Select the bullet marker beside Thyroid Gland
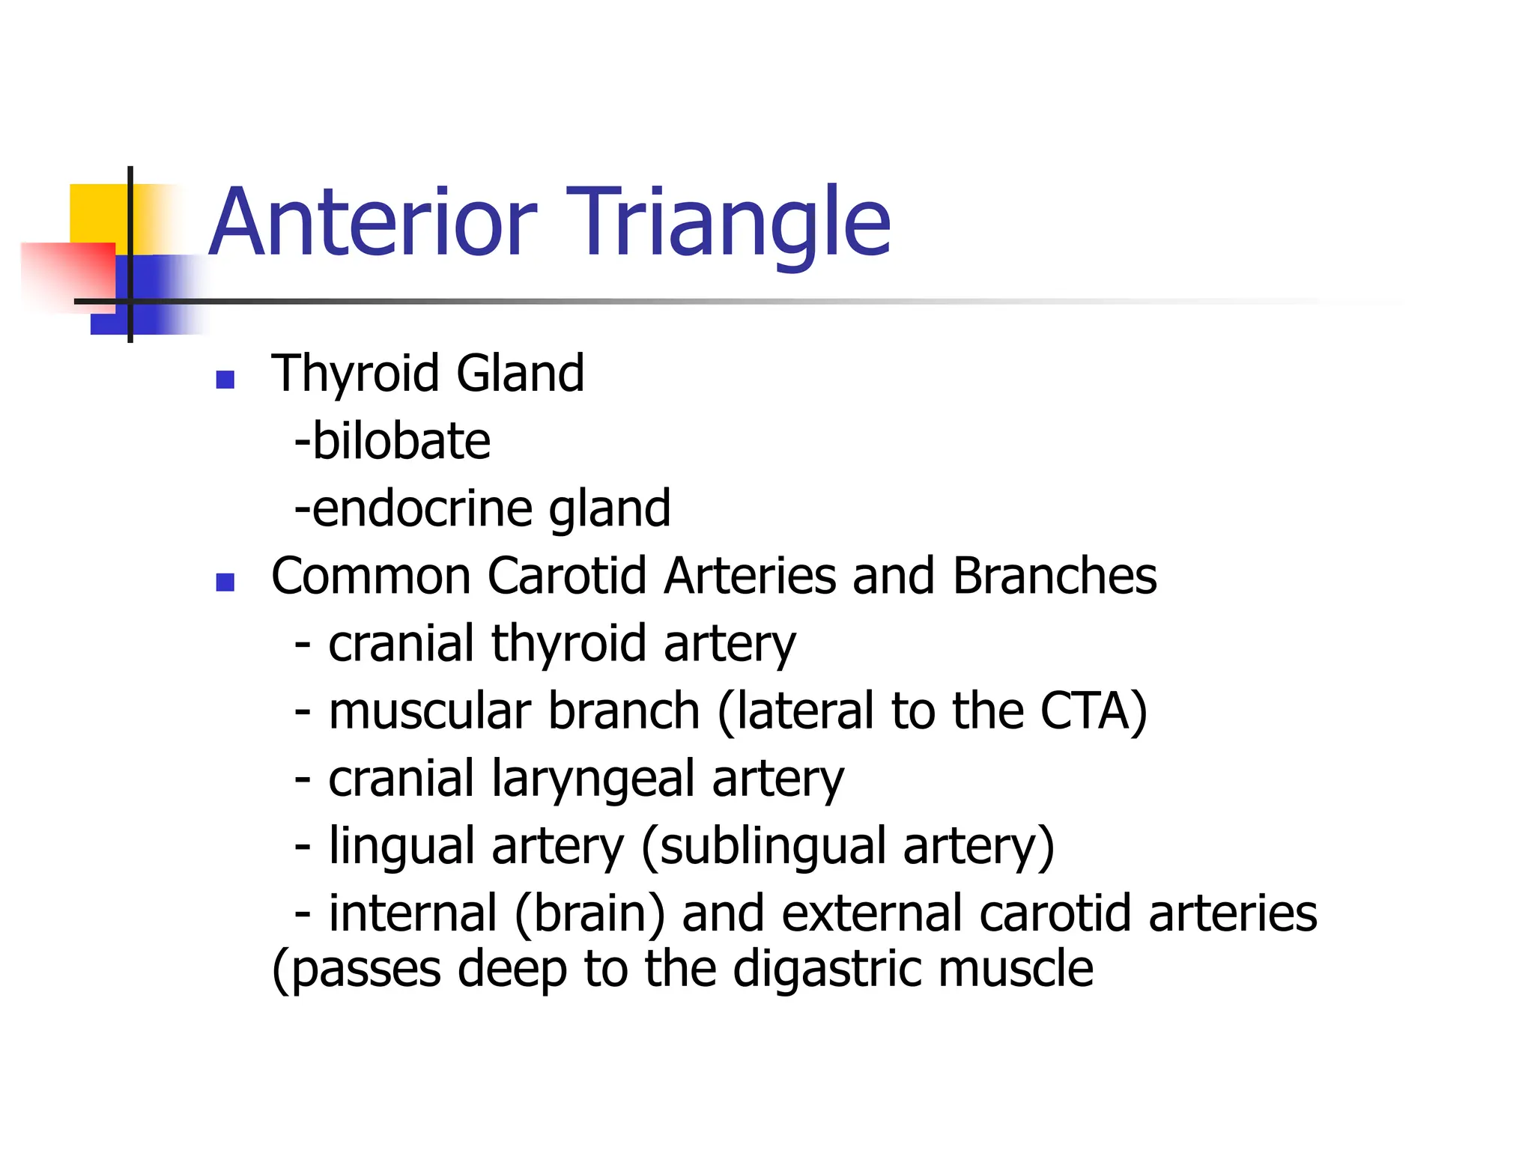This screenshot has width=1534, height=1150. pos(225,380)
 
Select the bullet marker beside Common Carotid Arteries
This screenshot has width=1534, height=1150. pos(225,582)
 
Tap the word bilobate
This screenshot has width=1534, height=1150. pos(401,441)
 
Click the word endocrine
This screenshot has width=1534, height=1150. pos(422,508)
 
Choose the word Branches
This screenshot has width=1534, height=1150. pos(1055,576)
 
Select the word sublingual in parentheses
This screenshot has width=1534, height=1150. pos(771,846)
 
